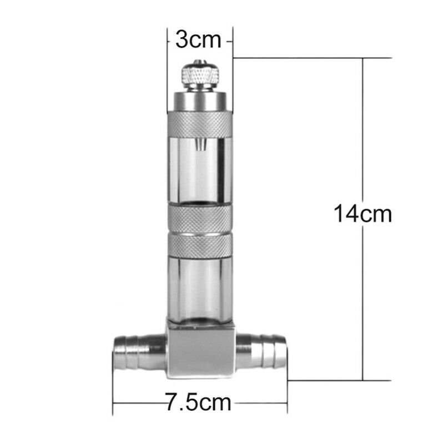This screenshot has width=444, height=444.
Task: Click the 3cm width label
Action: (x=198, y=41)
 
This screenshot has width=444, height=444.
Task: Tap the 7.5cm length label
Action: (x=199, y=401)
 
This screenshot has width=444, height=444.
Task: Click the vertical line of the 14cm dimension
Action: (x=363, y=139)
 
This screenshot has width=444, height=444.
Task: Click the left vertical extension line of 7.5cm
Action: (x=113, y=389)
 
